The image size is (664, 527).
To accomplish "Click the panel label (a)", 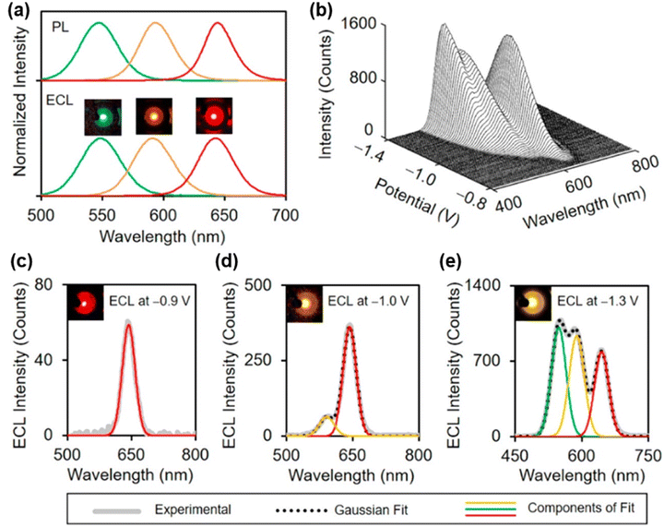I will [18, 11].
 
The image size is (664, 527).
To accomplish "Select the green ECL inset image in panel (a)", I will [101, 117].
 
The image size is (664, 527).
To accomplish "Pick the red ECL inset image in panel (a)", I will [214, 116].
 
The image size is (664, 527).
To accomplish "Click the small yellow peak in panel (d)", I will [326, 416].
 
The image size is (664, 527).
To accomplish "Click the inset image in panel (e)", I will [530, 300].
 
